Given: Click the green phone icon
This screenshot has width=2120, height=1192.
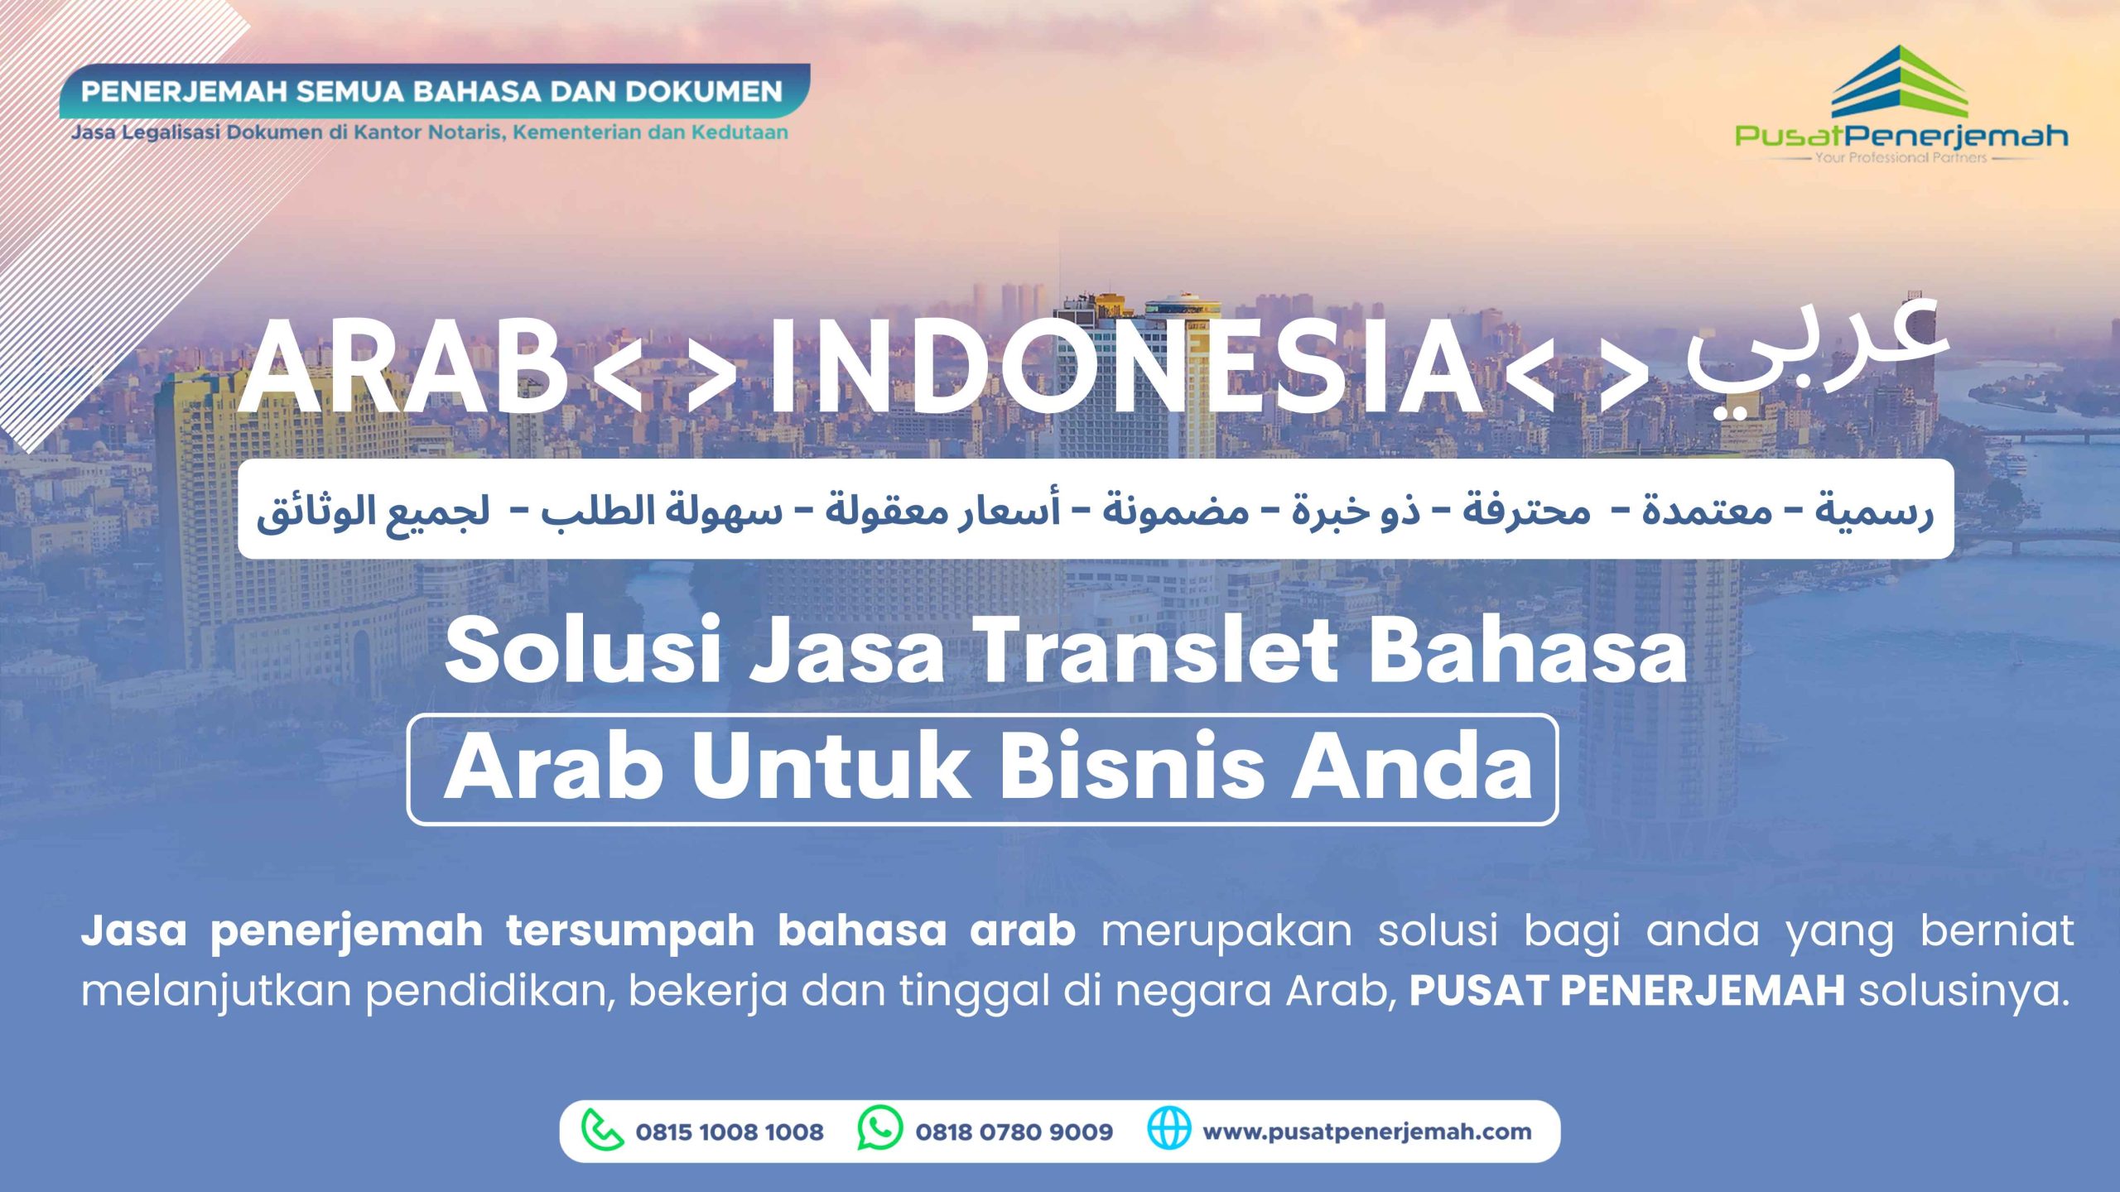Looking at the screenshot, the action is click(602, 1131).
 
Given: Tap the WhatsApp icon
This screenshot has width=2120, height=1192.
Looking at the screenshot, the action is click(879, 1128).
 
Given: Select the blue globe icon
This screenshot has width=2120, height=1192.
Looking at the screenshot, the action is click(1168, 1129).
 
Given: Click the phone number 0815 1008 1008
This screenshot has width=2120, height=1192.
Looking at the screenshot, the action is click(730, 1132).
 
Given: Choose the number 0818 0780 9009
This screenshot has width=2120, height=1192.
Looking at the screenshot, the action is click(1014, 1132).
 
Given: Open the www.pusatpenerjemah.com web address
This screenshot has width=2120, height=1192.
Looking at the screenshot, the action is click(1367, 1132).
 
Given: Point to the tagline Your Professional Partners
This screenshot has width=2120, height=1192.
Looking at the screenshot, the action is click(1901, 157).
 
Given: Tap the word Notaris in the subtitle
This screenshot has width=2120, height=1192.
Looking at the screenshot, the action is click(466, 132).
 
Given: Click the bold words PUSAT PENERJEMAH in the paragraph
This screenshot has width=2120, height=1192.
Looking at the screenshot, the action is click(1627, 990).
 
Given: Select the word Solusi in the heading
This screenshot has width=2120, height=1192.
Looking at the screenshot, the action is click(582, 651).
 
